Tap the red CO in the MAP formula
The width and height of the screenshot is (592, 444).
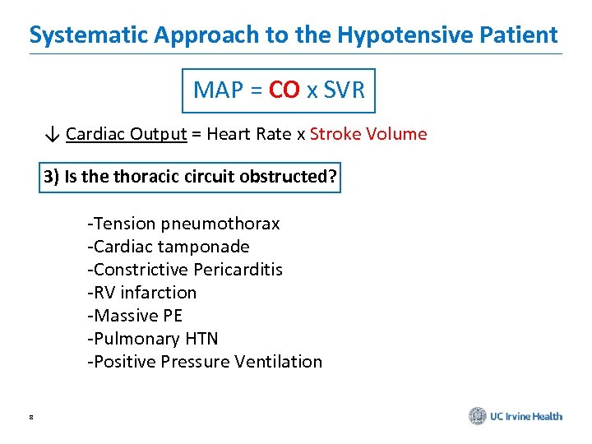click(284, 90)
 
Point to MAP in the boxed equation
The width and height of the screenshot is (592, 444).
click(217, 90)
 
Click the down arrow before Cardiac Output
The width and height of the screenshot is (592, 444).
click(53, 134)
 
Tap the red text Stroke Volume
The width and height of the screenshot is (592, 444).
click(368, 134)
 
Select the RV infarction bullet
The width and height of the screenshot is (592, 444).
click(142, 293)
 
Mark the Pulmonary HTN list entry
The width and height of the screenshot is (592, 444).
click(153, 339)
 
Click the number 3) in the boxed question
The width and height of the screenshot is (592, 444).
click(53, 177)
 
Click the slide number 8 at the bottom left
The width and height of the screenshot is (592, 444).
click(30, 418)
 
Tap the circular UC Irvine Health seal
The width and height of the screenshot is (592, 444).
click(478, 416)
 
